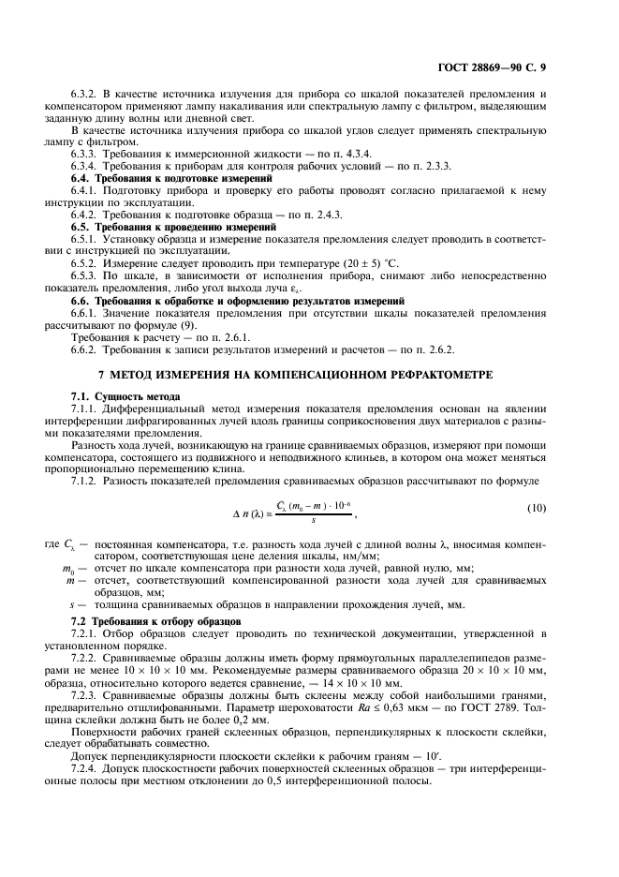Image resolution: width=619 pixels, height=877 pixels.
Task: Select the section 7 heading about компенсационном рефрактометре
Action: [309, 374]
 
